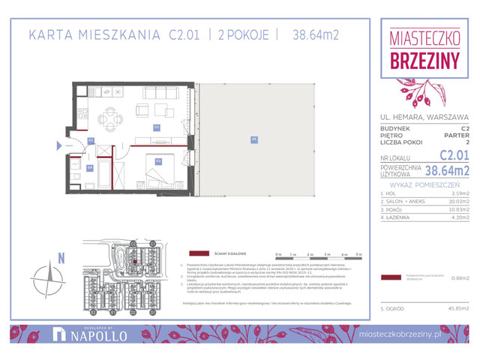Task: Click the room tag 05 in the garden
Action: point(254,139)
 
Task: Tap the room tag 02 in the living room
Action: point(157,127)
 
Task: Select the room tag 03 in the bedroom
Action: point(158,160)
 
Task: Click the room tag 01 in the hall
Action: point(90,140)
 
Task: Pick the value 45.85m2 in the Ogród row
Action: point(457,308)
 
